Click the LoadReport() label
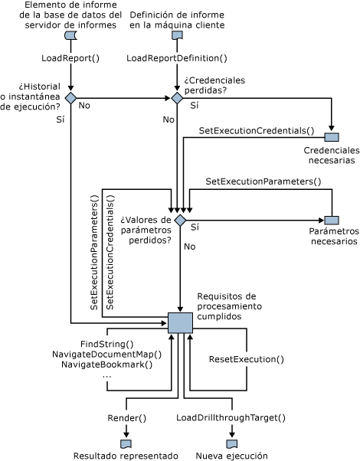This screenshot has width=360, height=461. coord(70,58)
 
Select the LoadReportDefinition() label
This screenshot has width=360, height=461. coord(177,58)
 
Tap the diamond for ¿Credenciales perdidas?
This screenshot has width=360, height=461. coord(177,98)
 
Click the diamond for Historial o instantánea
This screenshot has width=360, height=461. coord(70,98)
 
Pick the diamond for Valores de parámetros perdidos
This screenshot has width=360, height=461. coord(180,221)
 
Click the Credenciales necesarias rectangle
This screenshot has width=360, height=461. coord(332,137)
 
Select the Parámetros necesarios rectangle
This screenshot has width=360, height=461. coord(332,221)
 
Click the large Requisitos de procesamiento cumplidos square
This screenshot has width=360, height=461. coord(180,323)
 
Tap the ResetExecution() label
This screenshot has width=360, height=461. coord(247,359)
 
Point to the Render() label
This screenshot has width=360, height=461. coord(126,418)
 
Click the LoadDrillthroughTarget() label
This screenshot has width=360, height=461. coord(231,418)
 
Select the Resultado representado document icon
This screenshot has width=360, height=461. coord(126,444)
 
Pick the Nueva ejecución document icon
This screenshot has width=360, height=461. coord(232,444)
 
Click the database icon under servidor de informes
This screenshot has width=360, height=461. coord(70,35)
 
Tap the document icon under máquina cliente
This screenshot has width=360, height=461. coord(177,35)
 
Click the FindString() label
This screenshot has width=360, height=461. coord(106,344)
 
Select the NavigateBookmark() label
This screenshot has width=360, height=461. coord(106,365)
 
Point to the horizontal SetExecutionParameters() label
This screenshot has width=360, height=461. coord(263,181)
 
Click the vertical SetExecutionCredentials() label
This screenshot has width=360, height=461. coord(110,252)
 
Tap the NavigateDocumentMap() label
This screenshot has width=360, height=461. coord(106,355)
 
